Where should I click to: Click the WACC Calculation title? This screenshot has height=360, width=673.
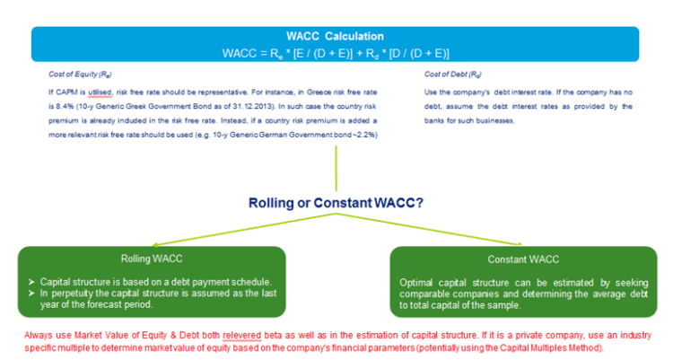point(335,37)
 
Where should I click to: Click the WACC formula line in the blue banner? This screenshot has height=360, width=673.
point(335,53)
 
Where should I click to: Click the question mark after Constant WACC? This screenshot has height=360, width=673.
point(420,203)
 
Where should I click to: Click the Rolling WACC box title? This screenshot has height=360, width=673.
point(152,259)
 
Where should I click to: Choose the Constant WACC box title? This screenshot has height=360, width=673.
point(523,259)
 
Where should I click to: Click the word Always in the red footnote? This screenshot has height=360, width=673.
point(37,335)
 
